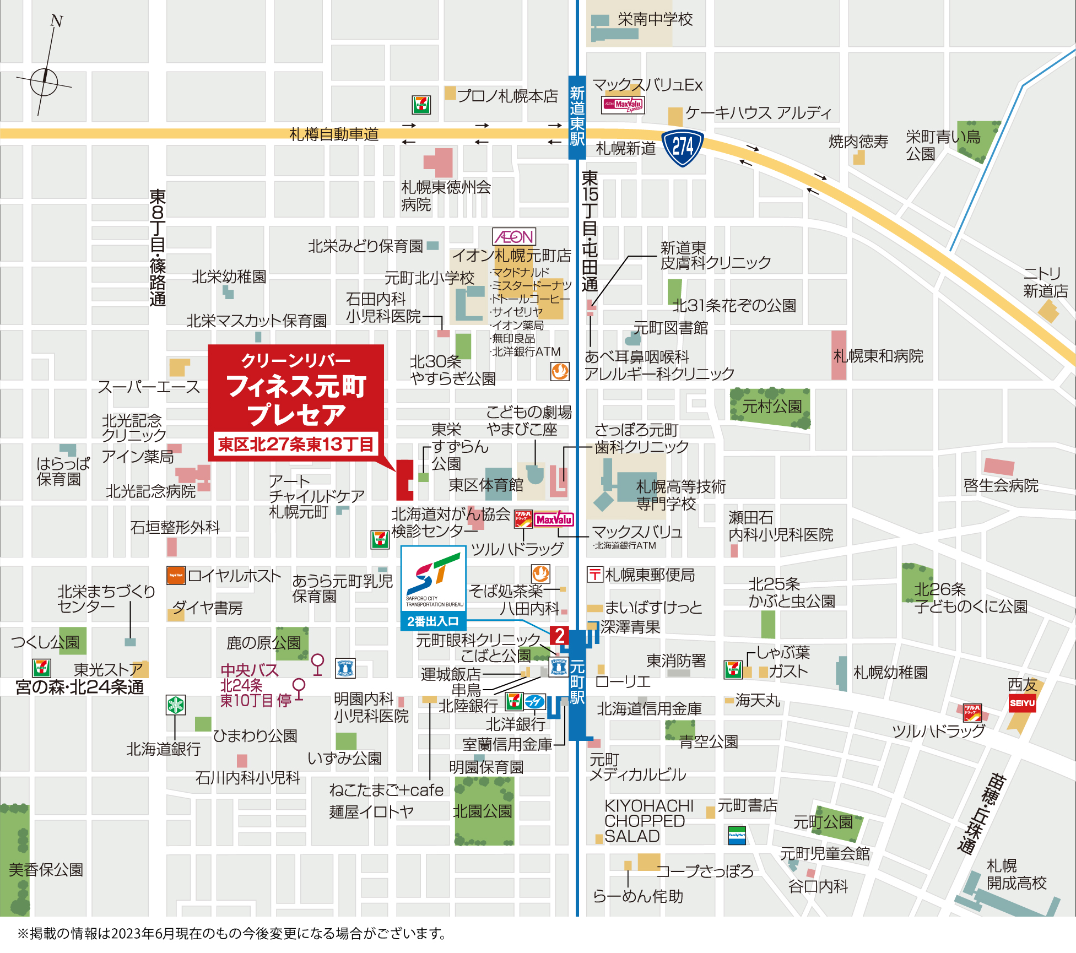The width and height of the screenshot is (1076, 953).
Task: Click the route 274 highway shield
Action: (x=683, y=147)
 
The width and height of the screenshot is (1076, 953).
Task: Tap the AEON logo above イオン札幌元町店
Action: (x=514, y=237)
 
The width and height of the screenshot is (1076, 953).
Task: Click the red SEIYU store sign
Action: (x=1022, y=703)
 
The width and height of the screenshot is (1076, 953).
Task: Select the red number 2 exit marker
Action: (x=559, y=636)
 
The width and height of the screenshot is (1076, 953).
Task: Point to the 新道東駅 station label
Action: (x=577, y=116)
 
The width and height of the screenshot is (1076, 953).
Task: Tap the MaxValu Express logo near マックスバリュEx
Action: (x=623, y=104)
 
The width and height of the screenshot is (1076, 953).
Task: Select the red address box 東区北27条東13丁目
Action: (x=295, y=444)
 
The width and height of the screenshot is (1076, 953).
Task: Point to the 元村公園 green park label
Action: (x=771, y=407)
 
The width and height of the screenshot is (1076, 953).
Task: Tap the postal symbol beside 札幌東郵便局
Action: (x=594, y=575)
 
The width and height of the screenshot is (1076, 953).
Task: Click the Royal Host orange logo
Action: (x=176, y=575)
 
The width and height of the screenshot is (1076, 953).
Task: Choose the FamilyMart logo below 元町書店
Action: (x=737, y=835)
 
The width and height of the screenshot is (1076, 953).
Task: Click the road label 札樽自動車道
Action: (x=334, y=134)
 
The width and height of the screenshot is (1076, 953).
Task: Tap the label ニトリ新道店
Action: (x=1045, y=282)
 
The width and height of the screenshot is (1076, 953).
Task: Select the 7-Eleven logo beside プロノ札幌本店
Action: (x=421, y=104)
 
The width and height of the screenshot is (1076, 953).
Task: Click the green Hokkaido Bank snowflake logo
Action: (x=176, y=705)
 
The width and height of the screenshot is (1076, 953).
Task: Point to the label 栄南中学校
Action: (x=655, y=19)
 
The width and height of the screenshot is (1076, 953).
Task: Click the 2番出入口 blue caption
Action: (x=433, y=621)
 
